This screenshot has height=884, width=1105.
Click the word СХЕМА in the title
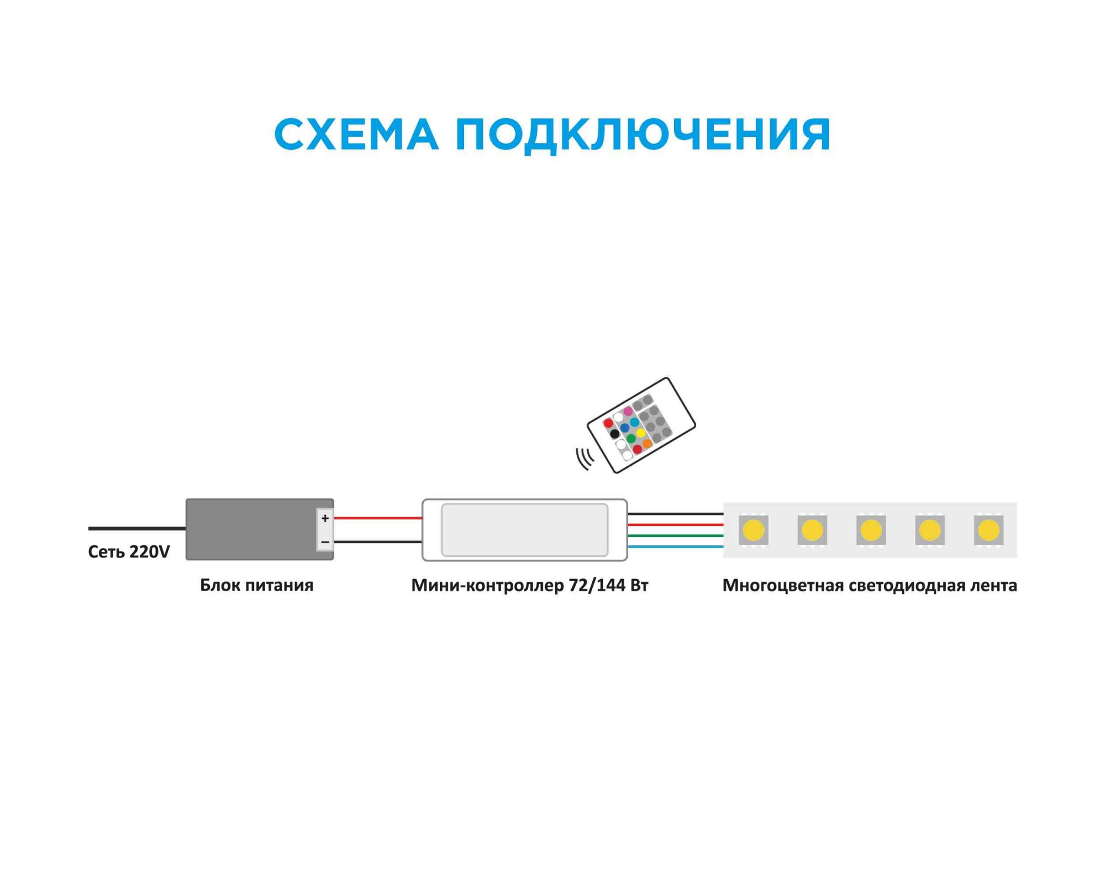[356, 134]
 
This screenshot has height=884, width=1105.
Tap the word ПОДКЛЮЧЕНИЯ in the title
[643, 134]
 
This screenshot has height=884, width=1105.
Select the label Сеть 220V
[129, 552]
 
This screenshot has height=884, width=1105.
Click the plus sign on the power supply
[325, 518]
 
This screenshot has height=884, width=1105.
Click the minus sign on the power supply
[325, 543]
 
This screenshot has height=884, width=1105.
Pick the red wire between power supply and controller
[378, 518]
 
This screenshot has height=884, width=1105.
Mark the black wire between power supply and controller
[378, 542]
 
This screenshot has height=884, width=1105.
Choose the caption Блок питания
[256, 585]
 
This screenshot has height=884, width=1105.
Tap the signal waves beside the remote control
[585, 458]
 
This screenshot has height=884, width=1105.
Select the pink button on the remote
[628, 412]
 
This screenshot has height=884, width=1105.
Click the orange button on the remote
[647, 444]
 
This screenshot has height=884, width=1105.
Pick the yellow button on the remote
[640, 433]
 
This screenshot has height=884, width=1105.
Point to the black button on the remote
[614, 434]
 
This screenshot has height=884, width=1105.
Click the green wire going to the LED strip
[675, 535]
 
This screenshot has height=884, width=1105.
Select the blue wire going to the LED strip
[675, 547]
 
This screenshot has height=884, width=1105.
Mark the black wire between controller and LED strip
[675, 514]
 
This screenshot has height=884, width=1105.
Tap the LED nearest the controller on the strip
[753, 530]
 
